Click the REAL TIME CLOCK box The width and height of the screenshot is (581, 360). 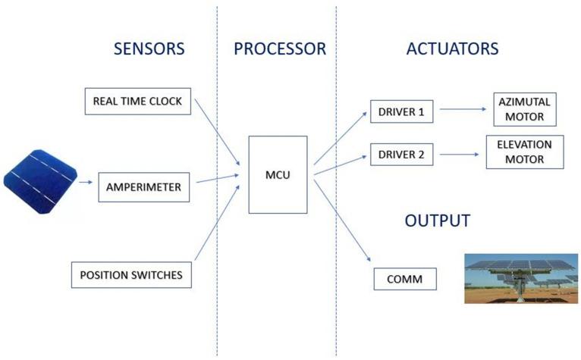(x=137, y=102)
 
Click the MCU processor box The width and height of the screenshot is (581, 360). (x=278, y=175)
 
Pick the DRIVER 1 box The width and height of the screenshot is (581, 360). (x=401, y=113)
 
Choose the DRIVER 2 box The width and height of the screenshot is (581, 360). (x=401, y=155)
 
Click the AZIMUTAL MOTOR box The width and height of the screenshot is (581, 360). (x=523, y=110)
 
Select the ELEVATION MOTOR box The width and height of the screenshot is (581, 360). (x=525, y=152)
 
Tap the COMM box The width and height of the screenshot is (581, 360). (x=406, y=279)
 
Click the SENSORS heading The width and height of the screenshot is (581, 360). (x=149, y=50)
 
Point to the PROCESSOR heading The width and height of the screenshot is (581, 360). (x=279, y=50)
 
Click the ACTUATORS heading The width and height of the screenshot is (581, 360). (x=452, y=50)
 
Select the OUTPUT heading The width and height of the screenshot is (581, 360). (x=438, y=221)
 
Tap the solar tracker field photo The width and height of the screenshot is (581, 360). (x=520, y=278)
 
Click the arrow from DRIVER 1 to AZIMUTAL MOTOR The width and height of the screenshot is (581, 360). (x=462, y=110)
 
